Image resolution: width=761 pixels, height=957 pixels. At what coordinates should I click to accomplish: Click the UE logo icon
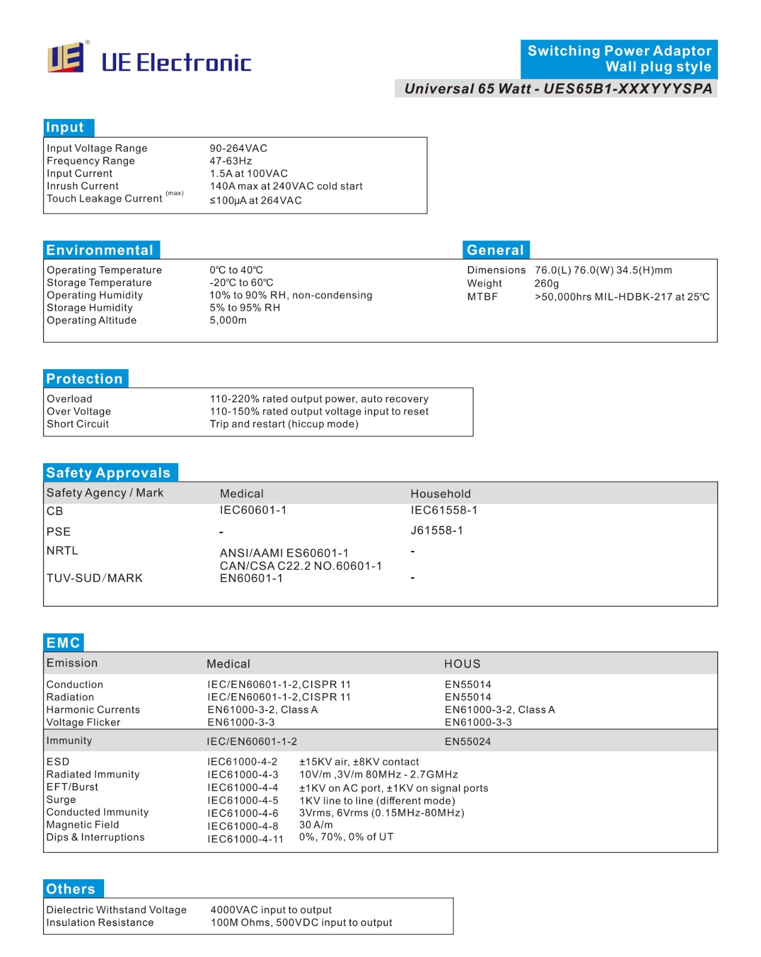[x=65, y=58]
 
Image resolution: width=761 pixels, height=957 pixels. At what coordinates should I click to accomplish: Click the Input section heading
[x=66, y=127]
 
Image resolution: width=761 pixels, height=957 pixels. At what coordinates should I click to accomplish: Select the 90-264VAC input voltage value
[x=238, y=148]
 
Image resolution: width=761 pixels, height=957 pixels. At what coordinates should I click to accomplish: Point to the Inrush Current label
[x=83, y=186]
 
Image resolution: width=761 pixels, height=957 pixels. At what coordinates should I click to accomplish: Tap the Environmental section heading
[x=100, y=250]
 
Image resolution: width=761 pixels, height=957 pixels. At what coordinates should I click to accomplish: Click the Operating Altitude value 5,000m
[x=228, y=321]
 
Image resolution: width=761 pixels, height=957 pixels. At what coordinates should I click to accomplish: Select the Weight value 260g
[x=546, y=284]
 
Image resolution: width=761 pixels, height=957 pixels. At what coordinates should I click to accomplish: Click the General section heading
[x=495, y=250]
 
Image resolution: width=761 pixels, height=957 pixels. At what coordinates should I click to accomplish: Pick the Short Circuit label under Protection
[x=78, y=424]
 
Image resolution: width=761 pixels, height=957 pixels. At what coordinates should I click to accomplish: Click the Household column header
[x=440, y=493]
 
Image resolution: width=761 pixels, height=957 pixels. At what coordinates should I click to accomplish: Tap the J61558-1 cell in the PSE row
[x=437, y=531]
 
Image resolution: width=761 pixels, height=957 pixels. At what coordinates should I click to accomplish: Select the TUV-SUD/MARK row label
[x=95, y=578]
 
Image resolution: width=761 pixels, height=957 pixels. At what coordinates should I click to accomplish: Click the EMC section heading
[x=63, y=642]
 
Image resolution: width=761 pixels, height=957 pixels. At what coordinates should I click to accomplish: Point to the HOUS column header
[x=462, y=664]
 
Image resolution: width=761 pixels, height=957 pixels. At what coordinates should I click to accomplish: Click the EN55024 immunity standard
[x=467, y=742]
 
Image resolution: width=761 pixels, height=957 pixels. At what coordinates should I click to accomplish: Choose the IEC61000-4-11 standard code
[x=245, y=839]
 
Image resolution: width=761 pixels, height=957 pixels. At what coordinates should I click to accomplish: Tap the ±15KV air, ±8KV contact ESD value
[x=359, y=762]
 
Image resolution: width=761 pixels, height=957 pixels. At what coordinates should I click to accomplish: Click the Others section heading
[x=71, y=889]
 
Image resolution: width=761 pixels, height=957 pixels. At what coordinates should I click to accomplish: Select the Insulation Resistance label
[x=100, y=922]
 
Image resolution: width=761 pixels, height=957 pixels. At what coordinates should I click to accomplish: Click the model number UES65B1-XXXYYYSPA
[x=628, y=89]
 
